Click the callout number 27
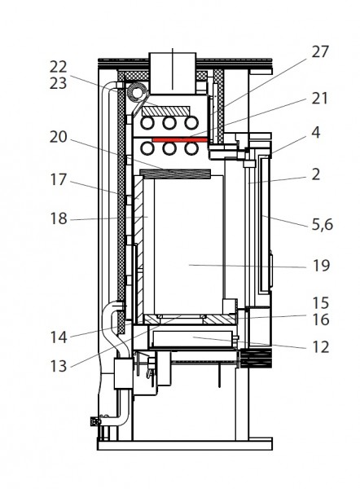320,52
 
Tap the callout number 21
320,99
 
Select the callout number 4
316,133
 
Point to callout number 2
316,174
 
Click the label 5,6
323,224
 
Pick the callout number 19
321,266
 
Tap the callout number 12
321,347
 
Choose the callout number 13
59,366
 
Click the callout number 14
59,337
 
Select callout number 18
59,218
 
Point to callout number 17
59,179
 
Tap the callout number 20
59,137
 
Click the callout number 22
59,67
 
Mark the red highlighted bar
180,140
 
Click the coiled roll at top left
137,92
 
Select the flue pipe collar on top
173,73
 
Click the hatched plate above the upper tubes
166,111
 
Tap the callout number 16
321,319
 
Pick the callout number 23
59,83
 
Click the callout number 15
321,303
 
